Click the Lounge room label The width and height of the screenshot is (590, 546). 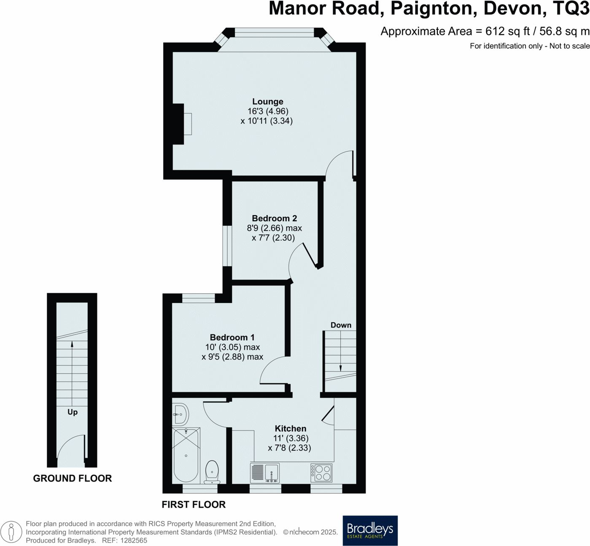click(267, 102)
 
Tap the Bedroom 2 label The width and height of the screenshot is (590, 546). click(274, 218)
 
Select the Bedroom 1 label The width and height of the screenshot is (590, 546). click(232, 337)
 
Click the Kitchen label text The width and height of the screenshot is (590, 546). click(290, 428)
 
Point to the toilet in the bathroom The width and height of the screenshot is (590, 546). click(212, 471)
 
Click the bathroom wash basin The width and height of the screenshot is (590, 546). click(181, 414)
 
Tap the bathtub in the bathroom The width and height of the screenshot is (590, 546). click(186, 455)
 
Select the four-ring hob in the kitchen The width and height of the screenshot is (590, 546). click(321, 473)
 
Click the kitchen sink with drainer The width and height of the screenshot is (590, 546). click(265, 473)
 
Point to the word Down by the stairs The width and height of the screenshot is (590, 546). click(341, 325)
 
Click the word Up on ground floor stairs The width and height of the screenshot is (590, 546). click(73, 412)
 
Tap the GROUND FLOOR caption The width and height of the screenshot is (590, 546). click(73, 478)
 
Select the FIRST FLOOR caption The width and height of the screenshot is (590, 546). click(194, 504)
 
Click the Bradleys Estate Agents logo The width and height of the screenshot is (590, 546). click(370, 530)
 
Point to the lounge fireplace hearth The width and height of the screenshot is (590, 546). click(188, 124)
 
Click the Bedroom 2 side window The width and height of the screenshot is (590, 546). click(227, 246)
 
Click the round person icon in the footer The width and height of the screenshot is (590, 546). click(11, 532)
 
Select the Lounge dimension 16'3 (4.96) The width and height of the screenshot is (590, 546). click(268, 111)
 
